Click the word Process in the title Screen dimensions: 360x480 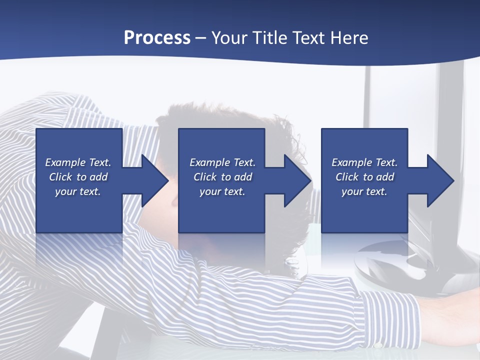click(x=157, y=38)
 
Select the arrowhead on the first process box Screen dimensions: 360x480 click(x=149, y=180)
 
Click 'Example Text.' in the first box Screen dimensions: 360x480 click(x=78, y=162)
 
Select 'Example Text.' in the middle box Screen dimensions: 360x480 click(x=222, y=162)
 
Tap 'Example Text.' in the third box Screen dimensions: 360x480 click(x=364, y=162)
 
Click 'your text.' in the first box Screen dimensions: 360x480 click(x=78, y=191)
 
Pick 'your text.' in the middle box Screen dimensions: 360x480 click(x=222, y=191)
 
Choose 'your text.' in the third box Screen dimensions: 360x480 click(x=364, y=191)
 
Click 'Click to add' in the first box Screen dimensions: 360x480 click(x=78, y=177)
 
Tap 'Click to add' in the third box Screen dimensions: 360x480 click(x=364, y=177)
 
